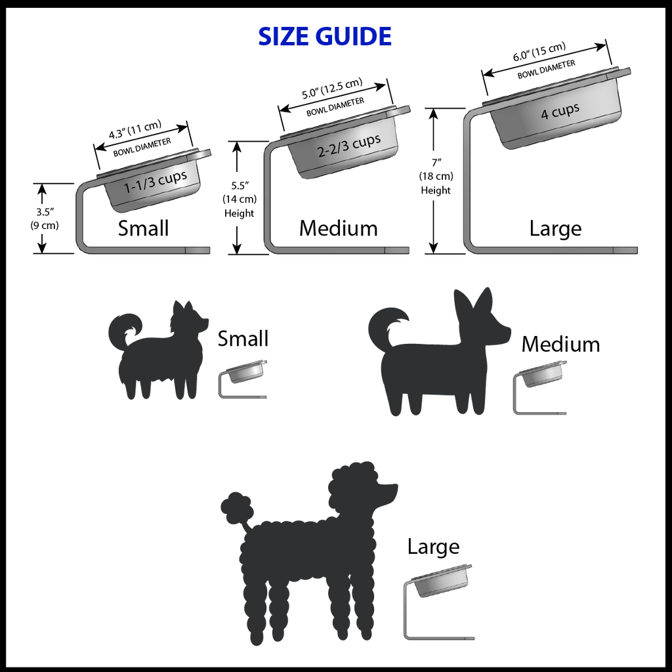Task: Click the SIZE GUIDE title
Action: point(324,37)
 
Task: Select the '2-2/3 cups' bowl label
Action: point(349,146)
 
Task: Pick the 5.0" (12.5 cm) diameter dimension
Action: point(332,89)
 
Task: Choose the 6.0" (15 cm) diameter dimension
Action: point(539,51)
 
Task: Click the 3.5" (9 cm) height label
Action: point(44,219)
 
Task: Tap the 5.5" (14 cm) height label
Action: point(239,199)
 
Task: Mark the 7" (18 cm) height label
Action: point(436,176)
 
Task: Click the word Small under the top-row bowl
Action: point(143,228)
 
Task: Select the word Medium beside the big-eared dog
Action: point(560,344)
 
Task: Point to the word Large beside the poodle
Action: point(433,547)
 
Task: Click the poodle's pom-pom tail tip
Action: point(236,507)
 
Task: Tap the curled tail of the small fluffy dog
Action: point(124,330)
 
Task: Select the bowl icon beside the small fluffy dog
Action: point(243,379)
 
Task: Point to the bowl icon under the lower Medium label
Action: point(540,387)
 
